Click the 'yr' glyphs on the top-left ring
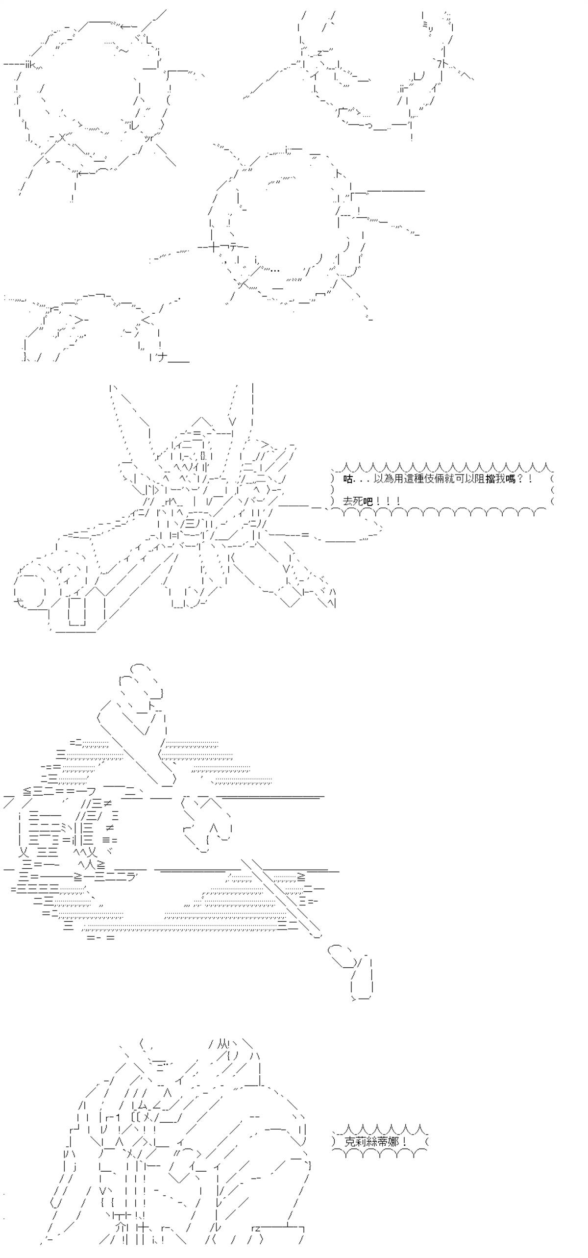coord(149,138)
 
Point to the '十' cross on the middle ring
coord(214,247)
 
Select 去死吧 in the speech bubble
coord(357,502)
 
